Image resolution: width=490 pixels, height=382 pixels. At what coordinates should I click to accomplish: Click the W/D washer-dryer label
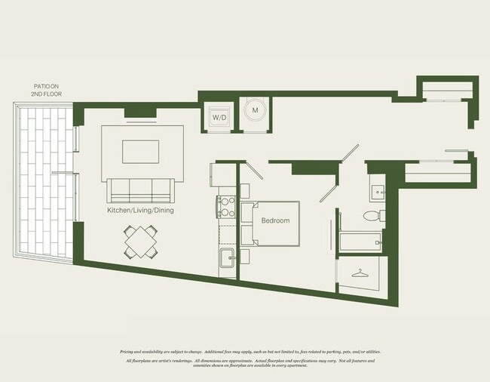pos(219,118)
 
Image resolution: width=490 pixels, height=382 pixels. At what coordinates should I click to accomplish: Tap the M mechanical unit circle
pos(255,111)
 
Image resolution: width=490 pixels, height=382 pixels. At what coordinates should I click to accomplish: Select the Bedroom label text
pos(275,220)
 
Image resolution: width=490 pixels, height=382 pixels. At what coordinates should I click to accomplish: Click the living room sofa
pos(140,189)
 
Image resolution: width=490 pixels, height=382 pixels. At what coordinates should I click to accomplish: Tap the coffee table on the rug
pos(142,151)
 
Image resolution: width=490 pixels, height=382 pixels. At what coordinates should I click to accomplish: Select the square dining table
pos(142,242)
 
